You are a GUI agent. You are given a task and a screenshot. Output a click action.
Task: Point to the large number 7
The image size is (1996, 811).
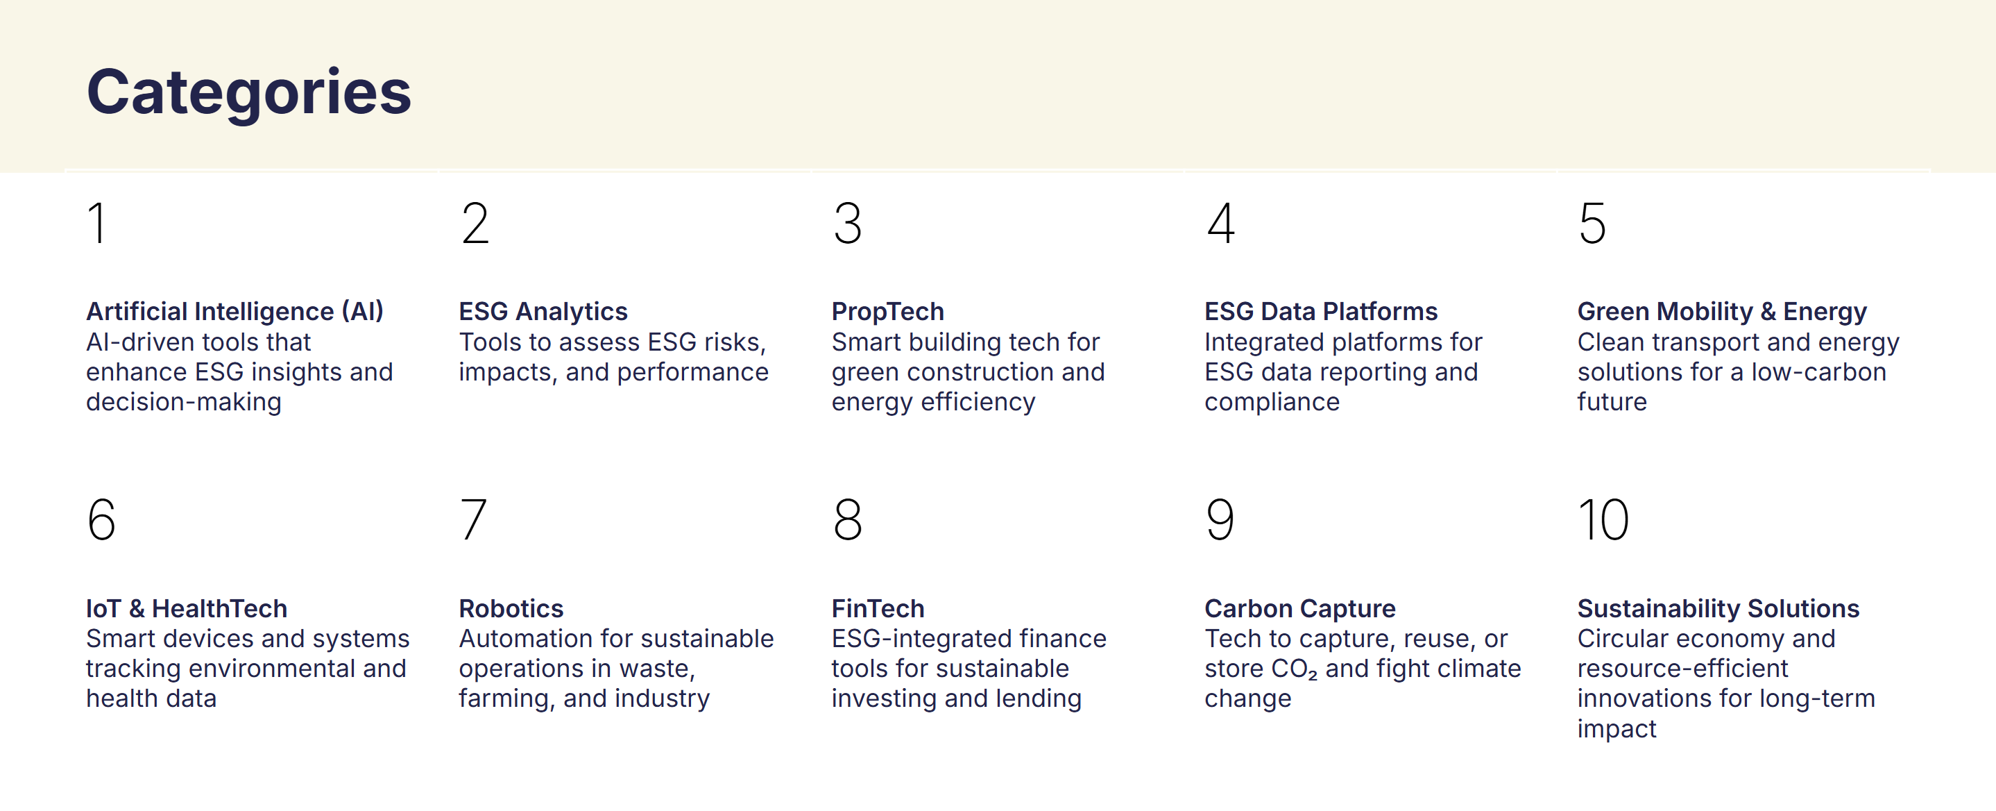point(473,519)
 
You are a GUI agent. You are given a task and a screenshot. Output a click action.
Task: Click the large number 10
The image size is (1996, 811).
point(1603,519)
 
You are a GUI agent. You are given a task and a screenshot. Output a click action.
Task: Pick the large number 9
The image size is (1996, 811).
point(1220,519)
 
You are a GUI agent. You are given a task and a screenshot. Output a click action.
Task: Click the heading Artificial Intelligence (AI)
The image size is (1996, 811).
point(234,312)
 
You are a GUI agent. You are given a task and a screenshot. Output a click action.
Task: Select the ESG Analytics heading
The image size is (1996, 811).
point(543,312)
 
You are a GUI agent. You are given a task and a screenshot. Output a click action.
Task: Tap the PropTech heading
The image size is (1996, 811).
point(888,312)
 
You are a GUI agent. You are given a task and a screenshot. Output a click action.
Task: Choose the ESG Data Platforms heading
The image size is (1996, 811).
point(1321,312)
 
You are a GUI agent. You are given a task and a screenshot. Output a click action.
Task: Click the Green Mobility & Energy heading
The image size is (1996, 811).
point(1722,312)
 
